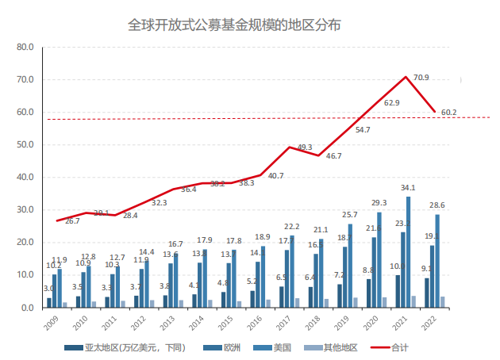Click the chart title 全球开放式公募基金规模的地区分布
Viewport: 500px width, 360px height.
click(x=235, y=25)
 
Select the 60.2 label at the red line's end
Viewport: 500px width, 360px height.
click(x=448, y=113)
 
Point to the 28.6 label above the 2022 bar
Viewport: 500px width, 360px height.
click(x=437, y=206)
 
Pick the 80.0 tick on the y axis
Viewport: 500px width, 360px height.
click(x=25, y=48)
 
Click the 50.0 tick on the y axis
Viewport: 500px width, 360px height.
click(x=25, y=145)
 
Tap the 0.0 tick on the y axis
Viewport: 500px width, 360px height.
click(x=27, y=308)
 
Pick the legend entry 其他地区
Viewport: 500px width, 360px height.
click(x=333, y=347)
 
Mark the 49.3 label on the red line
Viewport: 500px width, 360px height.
click(x=306, y=147)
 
